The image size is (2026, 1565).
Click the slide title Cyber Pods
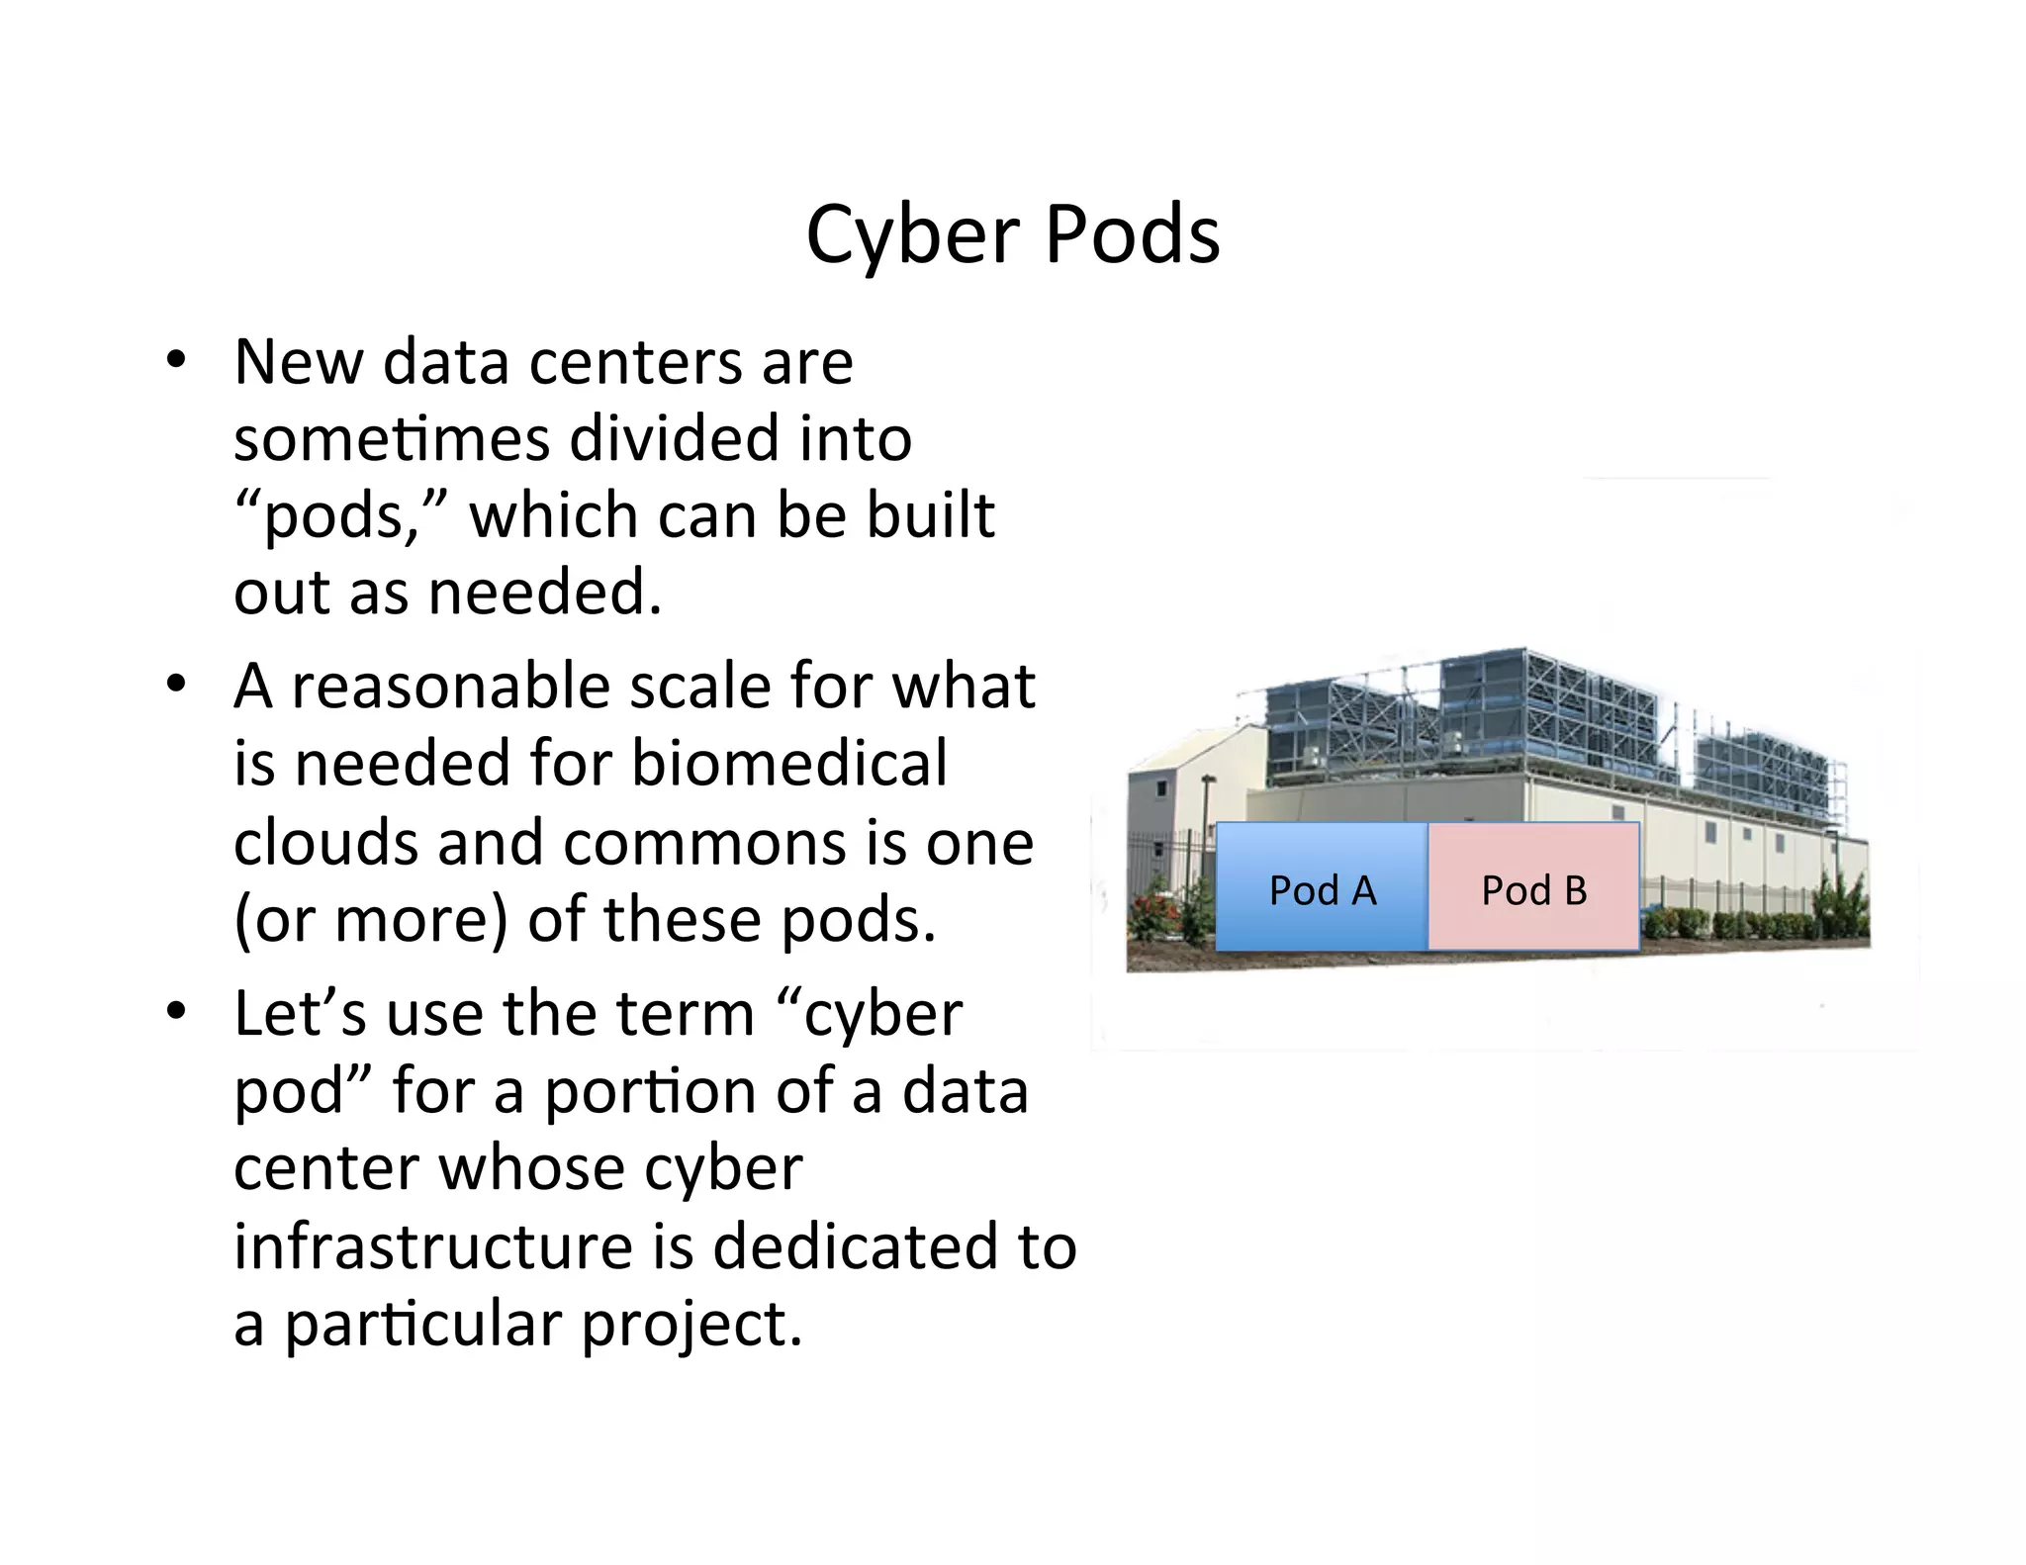(x=1012, y=235)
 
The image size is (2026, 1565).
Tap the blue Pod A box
(x=1322, y=887)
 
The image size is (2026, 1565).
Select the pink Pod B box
(x=1533, y=887)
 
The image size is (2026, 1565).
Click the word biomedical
(x=788, y=764)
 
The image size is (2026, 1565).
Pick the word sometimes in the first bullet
(x=390, y=438)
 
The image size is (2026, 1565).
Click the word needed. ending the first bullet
(x=544, y=593)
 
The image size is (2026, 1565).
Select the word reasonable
(x=451, y=687)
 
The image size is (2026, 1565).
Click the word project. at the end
(x=691, y=1324)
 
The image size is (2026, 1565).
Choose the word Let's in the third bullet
(x=300, y=1014)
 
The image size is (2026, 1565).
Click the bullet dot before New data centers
(x=176, y=360)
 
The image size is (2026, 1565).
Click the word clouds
(x=326, y=843)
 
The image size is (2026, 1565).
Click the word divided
(x=674, y=438)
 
